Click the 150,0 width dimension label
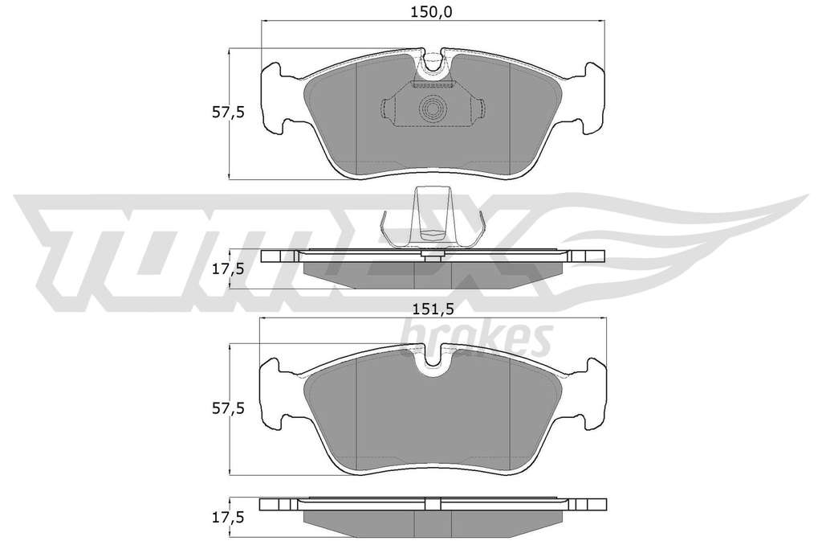click(431, 12)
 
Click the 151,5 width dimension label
click(433, 309)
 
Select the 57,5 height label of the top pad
click(228, 113)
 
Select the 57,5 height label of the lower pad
click(228, 408)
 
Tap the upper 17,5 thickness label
click(228, 269)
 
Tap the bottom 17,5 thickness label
click(228, 518)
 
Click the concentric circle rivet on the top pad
click(433, 109)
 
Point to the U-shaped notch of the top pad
click(433, 62)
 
